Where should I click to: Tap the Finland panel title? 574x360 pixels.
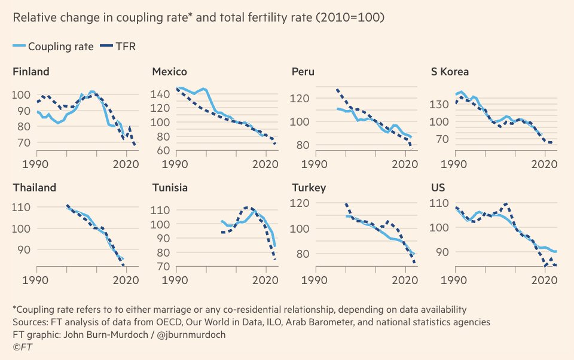(31, 72)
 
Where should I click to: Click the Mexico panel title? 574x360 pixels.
(169, 72)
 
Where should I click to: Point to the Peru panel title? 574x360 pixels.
(303, 72)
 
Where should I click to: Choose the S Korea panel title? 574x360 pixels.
(450, 72)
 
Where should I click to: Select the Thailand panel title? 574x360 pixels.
(35, 188)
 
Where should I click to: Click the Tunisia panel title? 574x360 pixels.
(170, 188)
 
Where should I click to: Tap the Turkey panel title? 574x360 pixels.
(309, 188)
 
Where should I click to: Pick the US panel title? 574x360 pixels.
(438, 188)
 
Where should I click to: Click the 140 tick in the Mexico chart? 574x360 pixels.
(161, 94)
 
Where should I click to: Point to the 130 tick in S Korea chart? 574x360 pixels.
(440, 105)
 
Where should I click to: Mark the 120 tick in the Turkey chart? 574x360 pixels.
(300, 203)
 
